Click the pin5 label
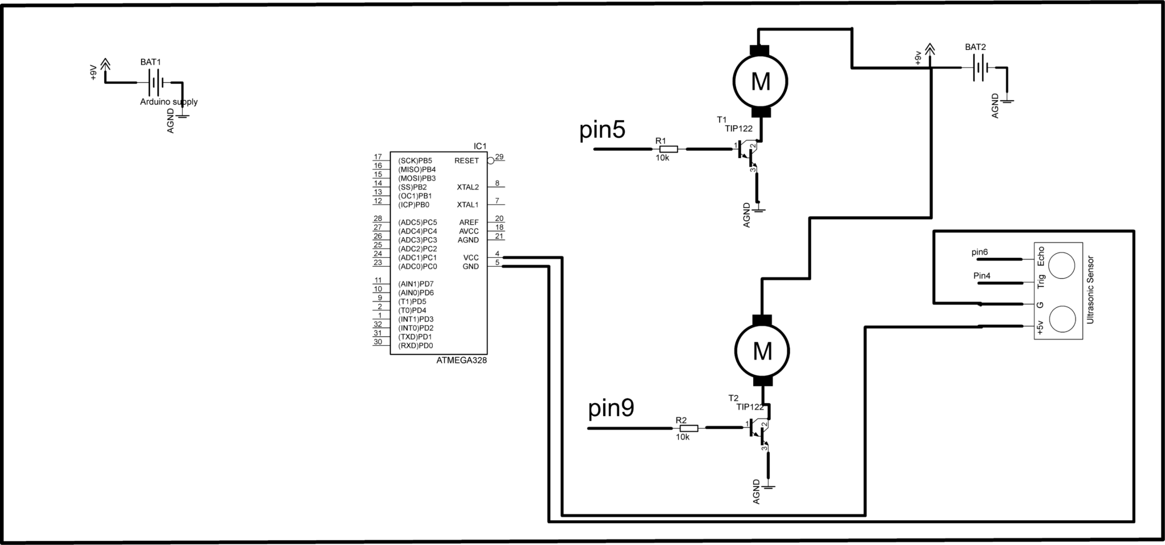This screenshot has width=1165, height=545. [602, 130]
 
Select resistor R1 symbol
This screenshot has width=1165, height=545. [667, 149]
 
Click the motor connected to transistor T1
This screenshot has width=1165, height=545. [760, 81]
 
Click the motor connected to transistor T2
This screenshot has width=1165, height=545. [762, 351]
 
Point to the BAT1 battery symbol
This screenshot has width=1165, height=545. [156, 82]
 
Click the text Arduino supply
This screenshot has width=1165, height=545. [169, 102]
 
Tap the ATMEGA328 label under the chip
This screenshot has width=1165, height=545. [461, 360]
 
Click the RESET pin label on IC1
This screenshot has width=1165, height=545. [466, 161]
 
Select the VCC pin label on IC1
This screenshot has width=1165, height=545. [471, 258]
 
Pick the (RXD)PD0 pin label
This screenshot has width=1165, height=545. [415, 346]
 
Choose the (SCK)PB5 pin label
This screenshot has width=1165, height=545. [415, 161]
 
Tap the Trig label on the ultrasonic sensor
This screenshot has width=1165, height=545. [1041, 282]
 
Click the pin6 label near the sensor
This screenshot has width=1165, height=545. [980, 252]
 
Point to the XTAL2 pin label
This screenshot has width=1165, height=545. [468, 187]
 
